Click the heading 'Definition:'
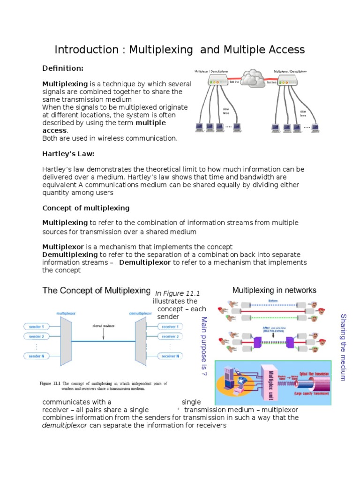(63, 68)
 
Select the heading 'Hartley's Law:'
(68, 154)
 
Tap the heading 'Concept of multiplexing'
(86, 208)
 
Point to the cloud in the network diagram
(253, 77)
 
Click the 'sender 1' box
(37, 326)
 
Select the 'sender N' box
(37, 356)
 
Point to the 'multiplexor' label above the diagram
(66, 313)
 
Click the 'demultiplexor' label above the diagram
(141, 313)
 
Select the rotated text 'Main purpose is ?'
(203, 347)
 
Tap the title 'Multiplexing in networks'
(274, 290)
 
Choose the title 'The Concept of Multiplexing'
(97, 290)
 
